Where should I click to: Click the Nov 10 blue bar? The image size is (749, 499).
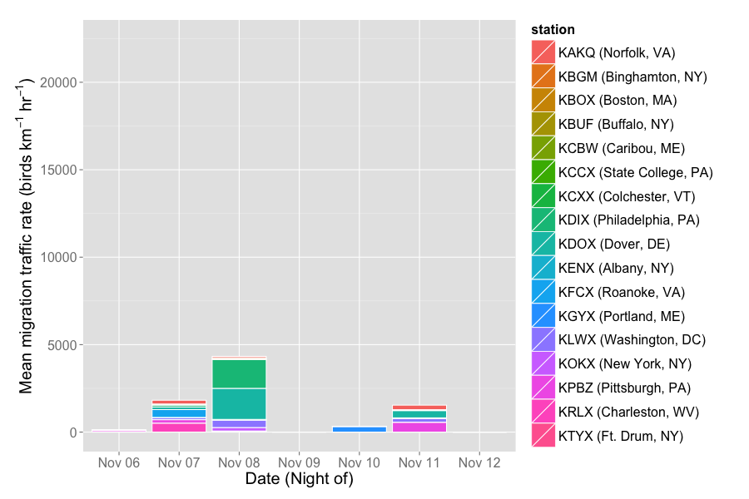tap(359, 429)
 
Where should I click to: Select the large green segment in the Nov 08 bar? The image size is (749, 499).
tap(239, 374)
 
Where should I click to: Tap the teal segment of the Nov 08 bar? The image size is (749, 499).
tap(239, 403)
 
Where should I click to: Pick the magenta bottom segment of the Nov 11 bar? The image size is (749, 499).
tap(419, 427)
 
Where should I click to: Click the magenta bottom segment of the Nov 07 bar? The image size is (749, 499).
tap(179, 427)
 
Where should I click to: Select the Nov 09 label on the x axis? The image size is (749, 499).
tap(299, 462)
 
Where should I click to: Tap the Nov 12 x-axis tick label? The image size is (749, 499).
tap(479, 462)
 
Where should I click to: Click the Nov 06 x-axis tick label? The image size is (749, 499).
tap(119, 462)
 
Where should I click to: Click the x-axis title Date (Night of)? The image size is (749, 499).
tap(299, 479)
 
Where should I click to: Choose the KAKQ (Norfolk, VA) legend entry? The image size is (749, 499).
tap(616, 53)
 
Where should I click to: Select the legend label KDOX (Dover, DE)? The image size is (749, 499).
tap(614, 245)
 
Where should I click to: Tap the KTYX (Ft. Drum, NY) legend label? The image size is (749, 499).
tap(621, 436)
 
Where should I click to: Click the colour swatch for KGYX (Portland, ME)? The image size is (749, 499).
tap(543, 316)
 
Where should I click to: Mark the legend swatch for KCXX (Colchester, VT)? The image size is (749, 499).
tap(543, 196)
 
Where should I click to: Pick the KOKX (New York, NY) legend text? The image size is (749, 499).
tap(625, 364)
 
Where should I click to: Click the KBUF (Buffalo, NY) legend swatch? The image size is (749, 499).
tap(543, 125)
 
